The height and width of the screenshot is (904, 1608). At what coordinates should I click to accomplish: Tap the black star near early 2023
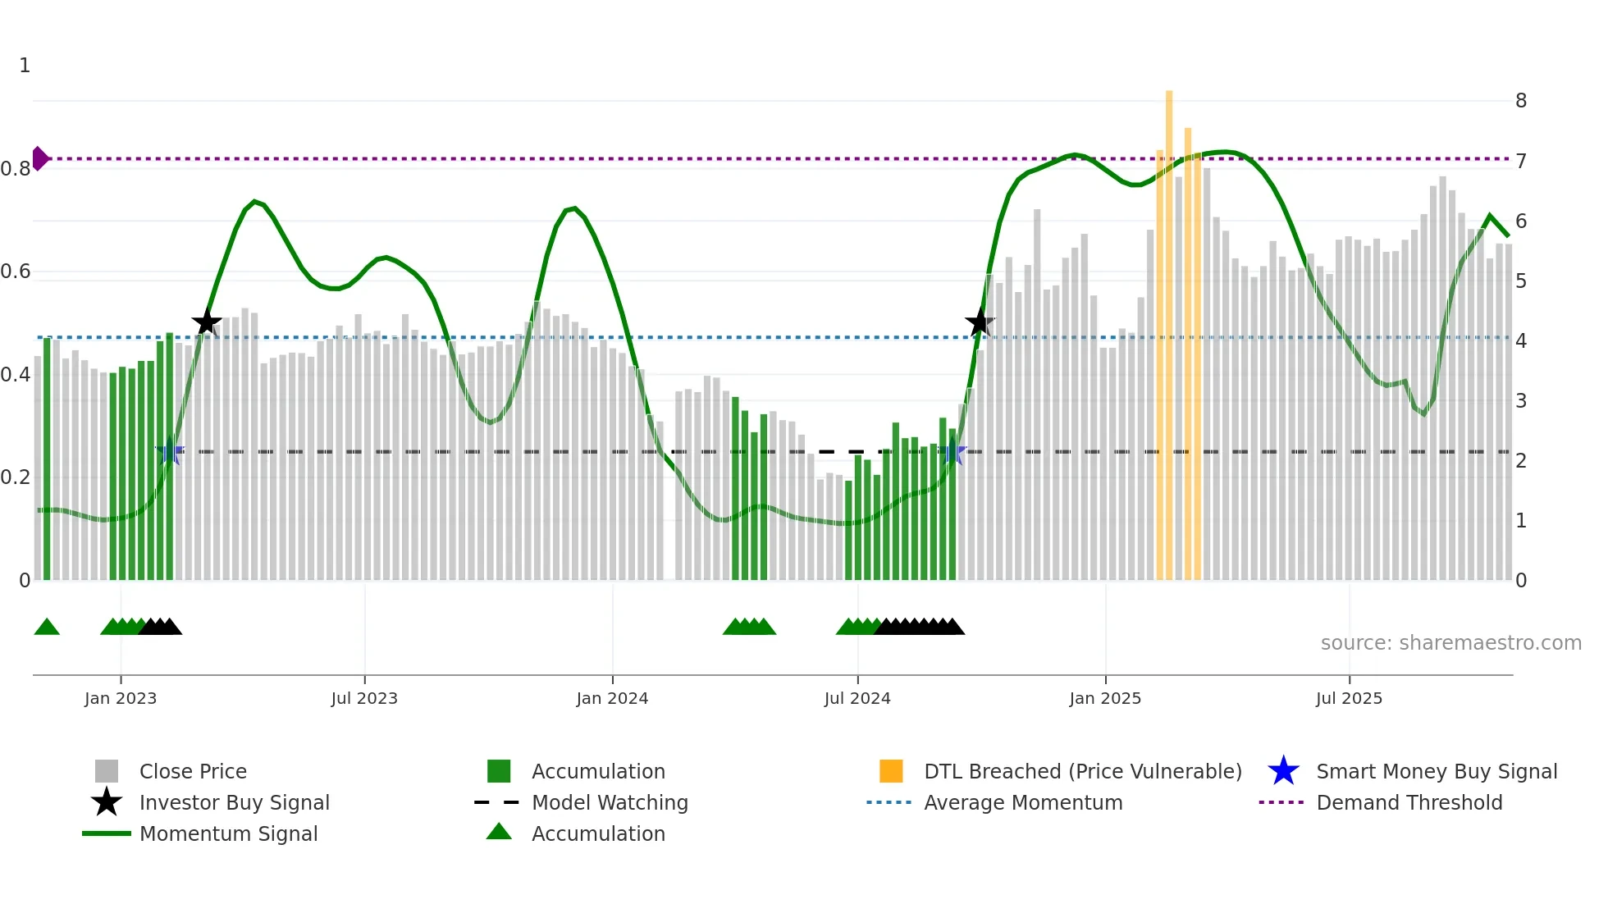point(207,322)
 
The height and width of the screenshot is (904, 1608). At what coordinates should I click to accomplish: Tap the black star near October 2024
point(980,322)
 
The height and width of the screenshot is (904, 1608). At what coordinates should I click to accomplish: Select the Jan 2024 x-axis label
point(612,698)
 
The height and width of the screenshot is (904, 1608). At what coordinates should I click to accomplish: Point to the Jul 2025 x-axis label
point(1349,698)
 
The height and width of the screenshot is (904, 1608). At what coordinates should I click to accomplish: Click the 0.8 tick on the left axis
point(16,169)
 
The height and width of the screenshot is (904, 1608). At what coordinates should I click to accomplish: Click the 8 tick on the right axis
point(1521,101)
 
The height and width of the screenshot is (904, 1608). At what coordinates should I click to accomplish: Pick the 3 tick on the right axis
point(1521,401)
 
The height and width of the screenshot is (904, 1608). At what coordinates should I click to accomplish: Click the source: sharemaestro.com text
point(1450,642)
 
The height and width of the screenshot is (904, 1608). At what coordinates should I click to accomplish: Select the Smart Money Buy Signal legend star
point(1283,771)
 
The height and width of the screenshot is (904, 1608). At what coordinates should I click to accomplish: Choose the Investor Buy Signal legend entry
point(234,802)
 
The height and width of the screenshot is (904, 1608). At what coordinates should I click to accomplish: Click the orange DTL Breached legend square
point(891,771)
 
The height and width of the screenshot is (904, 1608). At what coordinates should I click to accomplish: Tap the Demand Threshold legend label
point(1409,802)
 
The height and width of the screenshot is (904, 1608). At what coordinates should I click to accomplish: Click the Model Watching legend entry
point(610,802)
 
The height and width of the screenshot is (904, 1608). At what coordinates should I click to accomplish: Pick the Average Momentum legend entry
point(1022,802)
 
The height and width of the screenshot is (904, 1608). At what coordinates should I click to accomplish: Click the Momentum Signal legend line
point(107,833)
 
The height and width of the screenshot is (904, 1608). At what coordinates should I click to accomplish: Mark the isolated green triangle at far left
point(47,628)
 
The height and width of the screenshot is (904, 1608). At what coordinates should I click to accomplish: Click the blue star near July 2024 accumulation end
point(953,452)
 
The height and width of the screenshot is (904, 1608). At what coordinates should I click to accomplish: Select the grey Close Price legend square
point(107,771)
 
